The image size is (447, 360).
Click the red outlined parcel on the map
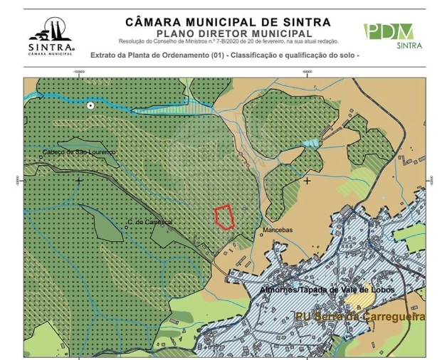tap(225, 217)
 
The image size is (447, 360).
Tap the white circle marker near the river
tap(90, 105)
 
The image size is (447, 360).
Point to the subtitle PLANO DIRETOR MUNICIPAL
tap(233, 33)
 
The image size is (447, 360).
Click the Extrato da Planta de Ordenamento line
tap(225, 55)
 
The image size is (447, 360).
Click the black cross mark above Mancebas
tap(307, 181)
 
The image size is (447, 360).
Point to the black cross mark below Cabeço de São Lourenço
tap(79, 181)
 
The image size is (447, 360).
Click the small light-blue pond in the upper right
tap(311, 144)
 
